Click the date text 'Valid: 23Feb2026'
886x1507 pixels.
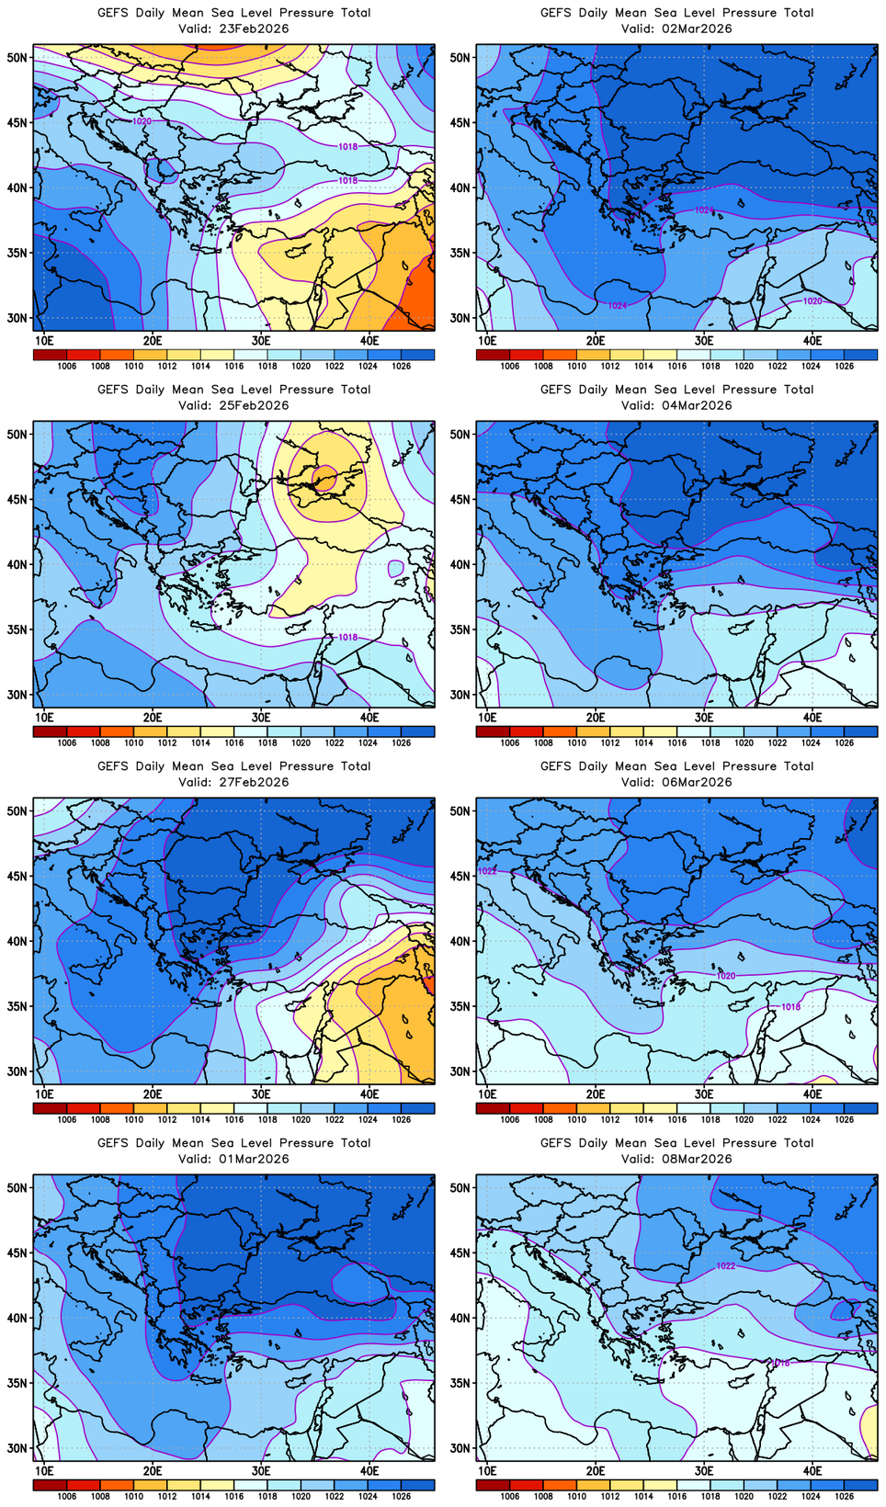(x=233, y=28)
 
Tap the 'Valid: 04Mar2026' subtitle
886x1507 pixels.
(x=676, y=405)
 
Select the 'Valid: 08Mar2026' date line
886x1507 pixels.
(x=676, y=1159)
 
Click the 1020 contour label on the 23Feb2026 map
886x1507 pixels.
(x=142, y=121)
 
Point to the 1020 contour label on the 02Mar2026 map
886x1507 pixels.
(x=812, y=301)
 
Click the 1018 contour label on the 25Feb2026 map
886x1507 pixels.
(x=347, y=637)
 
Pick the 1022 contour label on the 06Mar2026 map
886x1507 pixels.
(x=487, y=871)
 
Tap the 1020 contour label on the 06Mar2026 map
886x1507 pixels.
(x=726, y=975)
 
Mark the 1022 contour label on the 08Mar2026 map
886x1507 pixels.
(x=726, y=1265)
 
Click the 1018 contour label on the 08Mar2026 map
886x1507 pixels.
(x=780, y=1363)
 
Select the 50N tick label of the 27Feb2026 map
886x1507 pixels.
(x=17, y=810)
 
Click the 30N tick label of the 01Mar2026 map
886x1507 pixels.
(x=17, y=1448)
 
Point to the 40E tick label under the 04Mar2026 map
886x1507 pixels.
(x=812, y=717)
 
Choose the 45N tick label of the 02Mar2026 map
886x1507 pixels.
(x=460, y=122)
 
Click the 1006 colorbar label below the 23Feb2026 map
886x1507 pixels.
(x=67, y=366)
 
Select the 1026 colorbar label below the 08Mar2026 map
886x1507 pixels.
(x=845, y=1496)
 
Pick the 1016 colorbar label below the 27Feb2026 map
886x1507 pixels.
(x=234, y=1119)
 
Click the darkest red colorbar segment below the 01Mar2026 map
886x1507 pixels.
(x=50, y=1485)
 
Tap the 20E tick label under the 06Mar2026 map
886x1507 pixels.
(x=596, y=1093)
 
